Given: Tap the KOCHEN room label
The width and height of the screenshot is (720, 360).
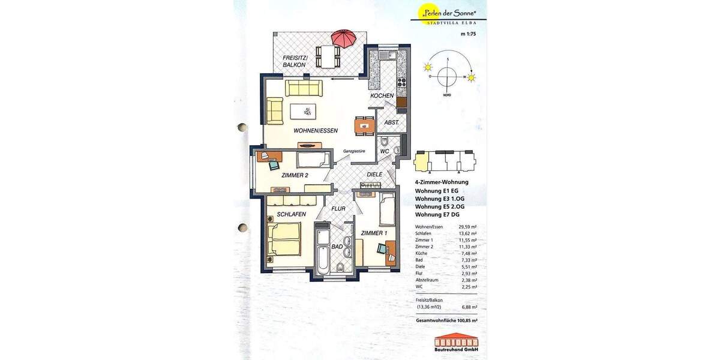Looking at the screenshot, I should coord(382,96).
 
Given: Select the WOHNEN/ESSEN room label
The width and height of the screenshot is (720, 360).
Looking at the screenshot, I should coord(316,131).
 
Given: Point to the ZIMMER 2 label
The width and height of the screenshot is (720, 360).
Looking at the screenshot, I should coord(295,176).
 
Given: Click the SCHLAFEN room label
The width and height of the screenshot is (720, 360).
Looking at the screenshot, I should coord(292,214).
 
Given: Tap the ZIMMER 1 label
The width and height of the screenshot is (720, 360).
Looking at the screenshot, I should coord(374,233).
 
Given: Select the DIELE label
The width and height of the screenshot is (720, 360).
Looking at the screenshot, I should coord(374,175).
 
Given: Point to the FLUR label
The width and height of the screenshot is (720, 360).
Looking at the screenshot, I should coord(338,209).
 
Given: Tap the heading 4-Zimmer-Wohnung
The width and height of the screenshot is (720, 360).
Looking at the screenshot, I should coord(442,182).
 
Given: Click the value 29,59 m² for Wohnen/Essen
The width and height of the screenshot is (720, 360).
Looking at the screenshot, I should coord(469,227).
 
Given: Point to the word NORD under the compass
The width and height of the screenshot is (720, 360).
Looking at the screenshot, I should coord(447,96).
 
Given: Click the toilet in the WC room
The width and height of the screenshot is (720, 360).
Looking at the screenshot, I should coord(385,143).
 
